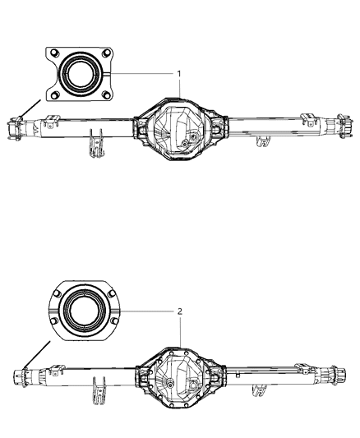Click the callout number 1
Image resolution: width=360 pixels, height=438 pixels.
click(x=179, y=74)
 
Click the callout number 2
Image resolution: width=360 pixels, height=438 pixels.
click(x=179, y=313)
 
